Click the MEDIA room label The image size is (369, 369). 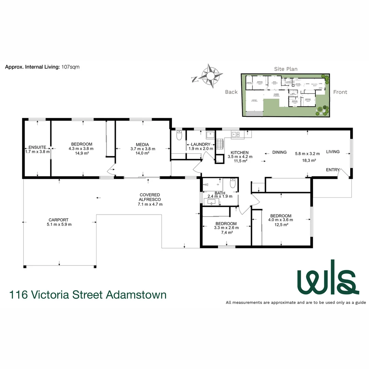point(143,144)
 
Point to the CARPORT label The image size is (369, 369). point(58,220)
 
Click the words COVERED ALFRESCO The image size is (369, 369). point(149,197)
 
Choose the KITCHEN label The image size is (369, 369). point(240,152)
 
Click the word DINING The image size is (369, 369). point(279,152)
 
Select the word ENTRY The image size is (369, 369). point(333,170)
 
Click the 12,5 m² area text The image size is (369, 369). point(281,224)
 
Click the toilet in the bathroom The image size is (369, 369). point(233,184)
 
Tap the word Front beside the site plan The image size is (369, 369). point(340,92)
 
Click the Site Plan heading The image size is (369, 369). point(286,69)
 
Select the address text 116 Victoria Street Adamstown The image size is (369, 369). point(88,294)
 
